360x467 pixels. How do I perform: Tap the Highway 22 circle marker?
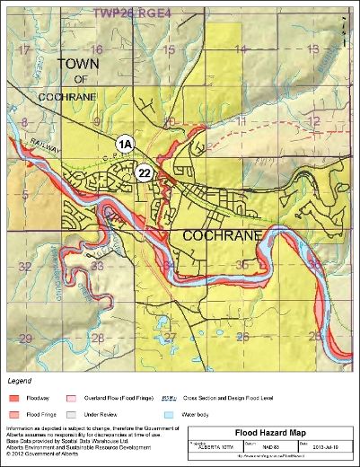pos(144,172)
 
